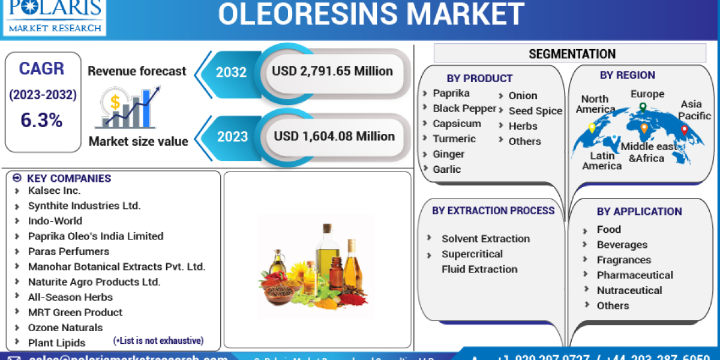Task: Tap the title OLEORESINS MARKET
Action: tap(370, 14)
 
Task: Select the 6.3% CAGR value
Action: tap(41, 120)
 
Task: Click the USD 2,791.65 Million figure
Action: tap(332, 71)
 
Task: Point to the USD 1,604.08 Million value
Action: tap(334, 136)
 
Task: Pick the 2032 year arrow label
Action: tap(231, 72)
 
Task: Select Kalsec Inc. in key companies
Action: tap(54, 190)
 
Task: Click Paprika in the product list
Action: tap(451, 93)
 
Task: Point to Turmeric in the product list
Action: tap(454, 139)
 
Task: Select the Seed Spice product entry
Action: tap(535, 111)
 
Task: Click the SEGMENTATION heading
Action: tap(572, 54)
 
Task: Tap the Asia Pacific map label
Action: tap(695, 110)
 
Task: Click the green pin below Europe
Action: tap(643, 107)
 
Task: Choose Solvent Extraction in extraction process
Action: tap(485, 239)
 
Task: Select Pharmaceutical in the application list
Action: tap(635, 275)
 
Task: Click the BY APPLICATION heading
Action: tap(639, 211)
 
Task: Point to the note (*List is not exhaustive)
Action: tap(158, 341)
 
